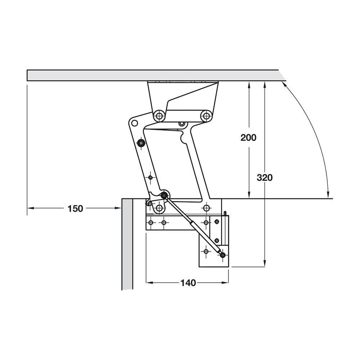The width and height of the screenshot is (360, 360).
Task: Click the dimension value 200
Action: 248,138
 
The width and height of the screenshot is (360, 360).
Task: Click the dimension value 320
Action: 265,178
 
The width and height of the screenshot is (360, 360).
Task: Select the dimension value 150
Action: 75,209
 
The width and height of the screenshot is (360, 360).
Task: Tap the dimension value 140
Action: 188,283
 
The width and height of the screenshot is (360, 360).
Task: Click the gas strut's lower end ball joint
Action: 222,255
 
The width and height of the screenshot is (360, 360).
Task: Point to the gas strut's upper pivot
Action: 164,195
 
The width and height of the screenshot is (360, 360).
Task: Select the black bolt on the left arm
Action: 141,143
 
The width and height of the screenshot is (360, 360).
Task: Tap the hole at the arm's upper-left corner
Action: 134,123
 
